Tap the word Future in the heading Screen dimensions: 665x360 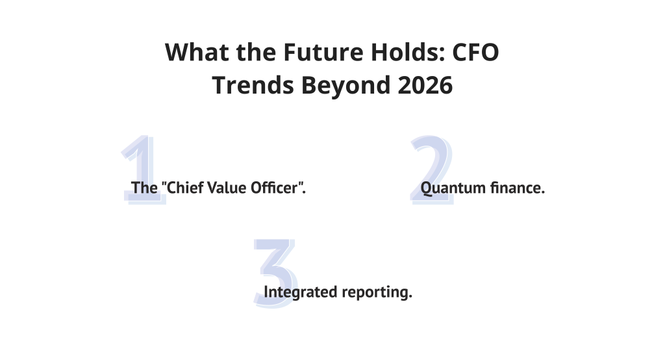click(323, 52)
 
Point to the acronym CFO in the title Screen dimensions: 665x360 click(475, 52)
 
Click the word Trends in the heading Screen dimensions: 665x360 click(253, 85)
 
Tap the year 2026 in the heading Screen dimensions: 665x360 click(425, 85)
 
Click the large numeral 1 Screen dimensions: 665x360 click(144, 170)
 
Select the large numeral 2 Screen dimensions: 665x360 click(432, 170)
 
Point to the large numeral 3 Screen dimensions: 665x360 click(275, 273)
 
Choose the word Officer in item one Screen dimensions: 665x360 click(274, 188)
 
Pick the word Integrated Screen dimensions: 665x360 click(301, 292)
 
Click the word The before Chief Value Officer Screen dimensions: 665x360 click(144, 188)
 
